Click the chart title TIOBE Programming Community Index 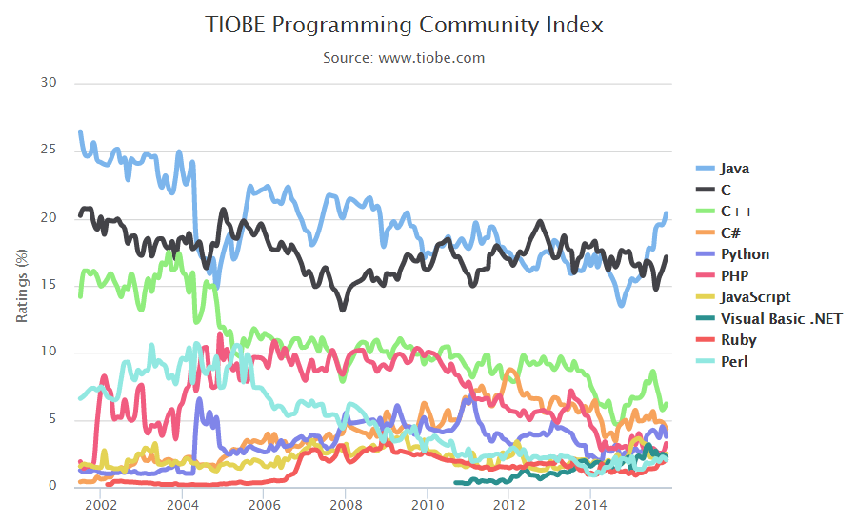click(404, 26)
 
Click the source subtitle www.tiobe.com click(404, 58)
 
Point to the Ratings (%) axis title click(22, 285)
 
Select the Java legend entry click(735, 169)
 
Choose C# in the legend click(731, 233)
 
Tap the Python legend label click(745, 254)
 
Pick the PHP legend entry click(734, 276)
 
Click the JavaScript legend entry click(756, 297)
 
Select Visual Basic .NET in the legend click(781, 319)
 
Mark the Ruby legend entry click(739, 340)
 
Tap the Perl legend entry click(734, 362)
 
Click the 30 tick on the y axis click(49, 83)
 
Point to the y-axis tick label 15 click(49, 284)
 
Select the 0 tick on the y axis click(52, 486)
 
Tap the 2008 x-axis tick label click(345, 504)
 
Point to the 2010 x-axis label click(427, 504)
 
